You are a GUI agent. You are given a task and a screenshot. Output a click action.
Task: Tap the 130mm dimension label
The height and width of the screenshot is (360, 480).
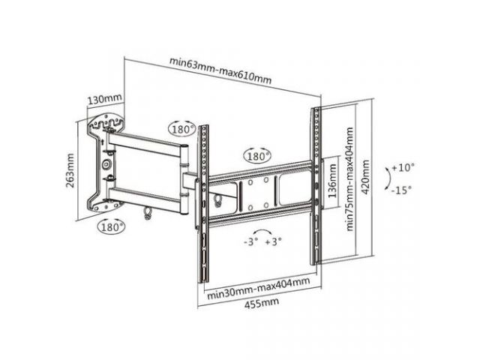(x=105, y=100)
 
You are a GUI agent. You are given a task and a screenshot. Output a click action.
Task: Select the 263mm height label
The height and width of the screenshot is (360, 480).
(x=70, y=170)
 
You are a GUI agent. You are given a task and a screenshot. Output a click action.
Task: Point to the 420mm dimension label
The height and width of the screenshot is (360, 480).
(x=365, y=177)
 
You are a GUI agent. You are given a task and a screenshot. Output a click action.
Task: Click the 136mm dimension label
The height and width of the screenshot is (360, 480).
(x=332, y=181)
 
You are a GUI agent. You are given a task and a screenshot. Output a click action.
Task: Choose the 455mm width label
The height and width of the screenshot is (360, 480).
(x=262, y=303)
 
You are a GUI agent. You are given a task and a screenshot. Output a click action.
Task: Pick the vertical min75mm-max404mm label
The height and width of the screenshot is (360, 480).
(x=350, y=179)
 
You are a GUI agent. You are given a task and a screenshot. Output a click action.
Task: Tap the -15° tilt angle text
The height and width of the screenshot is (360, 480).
(x=402, y=190)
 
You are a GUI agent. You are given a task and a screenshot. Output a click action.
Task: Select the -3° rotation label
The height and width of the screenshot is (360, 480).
(x=251, y=241)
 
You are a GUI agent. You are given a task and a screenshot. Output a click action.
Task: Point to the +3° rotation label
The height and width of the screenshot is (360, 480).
(x=273, y=241)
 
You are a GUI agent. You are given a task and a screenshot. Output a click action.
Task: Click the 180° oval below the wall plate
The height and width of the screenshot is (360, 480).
(x=112, y=226)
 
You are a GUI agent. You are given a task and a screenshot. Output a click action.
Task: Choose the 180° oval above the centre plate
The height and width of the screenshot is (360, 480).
(x=257, y=157)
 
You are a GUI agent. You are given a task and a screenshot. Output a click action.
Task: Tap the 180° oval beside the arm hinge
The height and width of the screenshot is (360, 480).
(x=182, y=129)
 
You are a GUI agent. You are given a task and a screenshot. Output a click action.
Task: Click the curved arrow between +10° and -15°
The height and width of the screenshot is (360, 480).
(x=389, y=178)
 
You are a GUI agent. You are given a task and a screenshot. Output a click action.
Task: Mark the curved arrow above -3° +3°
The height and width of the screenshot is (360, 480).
(x=263, y=231)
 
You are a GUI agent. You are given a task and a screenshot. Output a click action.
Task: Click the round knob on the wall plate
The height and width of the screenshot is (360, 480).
(x=106, y=164)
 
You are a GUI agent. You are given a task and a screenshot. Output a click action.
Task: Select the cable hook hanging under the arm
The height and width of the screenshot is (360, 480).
(x=147, y=213)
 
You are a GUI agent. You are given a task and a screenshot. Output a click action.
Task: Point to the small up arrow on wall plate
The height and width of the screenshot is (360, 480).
(x=103, y=142)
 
